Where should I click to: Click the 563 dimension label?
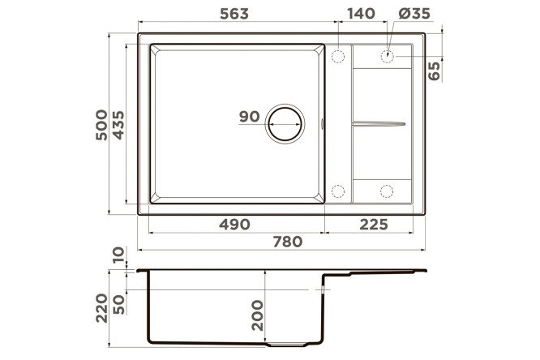click(234, 14)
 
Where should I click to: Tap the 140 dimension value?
click(361, 14)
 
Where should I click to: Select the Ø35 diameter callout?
click(414, 14)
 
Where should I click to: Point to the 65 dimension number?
click(435, 71)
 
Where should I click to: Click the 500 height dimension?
click(101, 125)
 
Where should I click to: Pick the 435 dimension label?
click(118, 125)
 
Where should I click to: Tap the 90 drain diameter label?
click(250, 117)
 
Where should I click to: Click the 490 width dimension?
click(234, 225)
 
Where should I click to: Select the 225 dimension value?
click(374, 225)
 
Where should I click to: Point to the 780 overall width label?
click(288, 242)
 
